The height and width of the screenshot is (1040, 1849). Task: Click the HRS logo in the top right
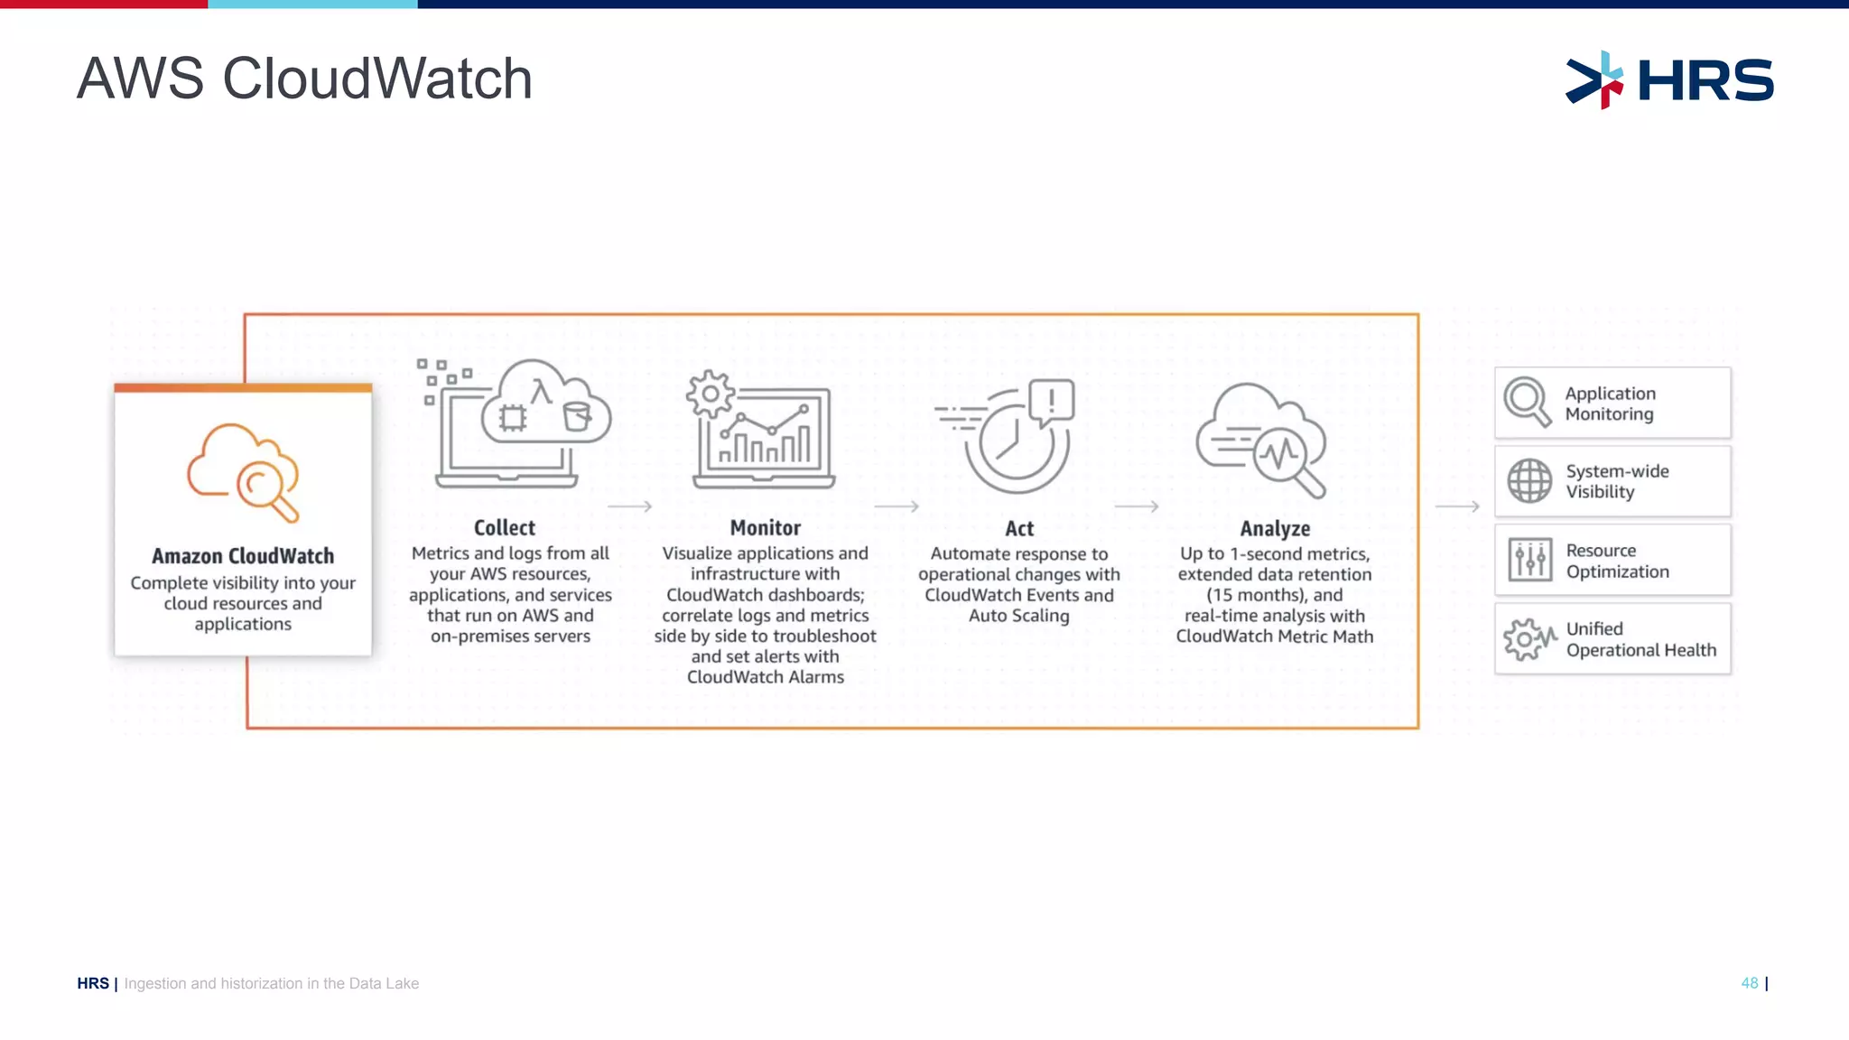coord(1669,79)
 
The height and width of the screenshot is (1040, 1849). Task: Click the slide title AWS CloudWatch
coord(304,79)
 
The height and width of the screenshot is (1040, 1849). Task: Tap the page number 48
coord(1750,983)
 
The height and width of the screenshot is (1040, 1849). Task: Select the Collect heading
coord(505,528)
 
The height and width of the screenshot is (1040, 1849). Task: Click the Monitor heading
coord(765,528)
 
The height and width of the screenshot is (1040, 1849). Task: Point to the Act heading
coord(1019,529)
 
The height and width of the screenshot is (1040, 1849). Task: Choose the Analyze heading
coord(1275,529)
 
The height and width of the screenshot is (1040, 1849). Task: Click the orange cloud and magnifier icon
coord(243,472)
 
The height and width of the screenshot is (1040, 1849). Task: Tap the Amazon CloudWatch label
coord(243,556)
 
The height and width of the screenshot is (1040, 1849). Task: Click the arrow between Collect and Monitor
coord(630,506)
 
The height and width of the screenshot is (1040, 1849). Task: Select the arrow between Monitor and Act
coord(897,506)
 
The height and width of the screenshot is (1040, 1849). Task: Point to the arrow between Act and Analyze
coord(1137,506)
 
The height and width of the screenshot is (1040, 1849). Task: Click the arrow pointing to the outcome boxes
coord(1457,506)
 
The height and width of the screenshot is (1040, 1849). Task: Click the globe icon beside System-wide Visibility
coord(1529,480)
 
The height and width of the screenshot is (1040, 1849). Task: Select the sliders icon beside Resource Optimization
coord(1530,560)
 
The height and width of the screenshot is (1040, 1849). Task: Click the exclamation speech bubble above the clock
coord(1052,400)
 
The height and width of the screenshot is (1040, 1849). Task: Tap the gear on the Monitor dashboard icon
coord(711,394)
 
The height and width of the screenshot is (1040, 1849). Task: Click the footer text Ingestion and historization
coord(271,983)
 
